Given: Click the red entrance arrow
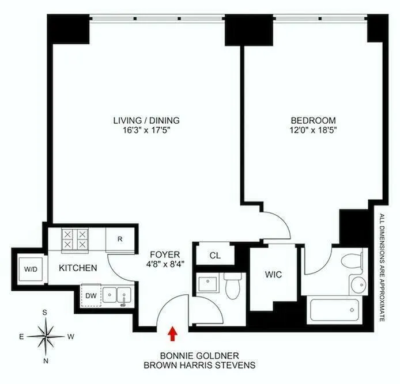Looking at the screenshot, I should tap(172, 333).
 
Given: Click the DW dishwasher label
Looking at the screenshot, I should tap(90, 295).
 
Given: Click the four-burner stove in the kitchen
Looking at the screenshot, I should tap(76, 239).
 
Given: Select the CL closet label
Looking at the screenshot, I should tap(214, 254).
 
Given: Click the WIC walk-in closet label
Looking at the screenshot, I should tap(273, 275).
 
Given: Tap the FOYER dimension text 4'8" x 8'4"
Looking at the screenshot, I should tap(163, 265).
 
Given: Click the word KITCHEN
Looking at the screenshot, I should tap(77, 268).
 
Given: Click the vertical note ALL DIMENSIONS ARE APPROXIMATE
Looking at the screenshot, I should tap(382, 268).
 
